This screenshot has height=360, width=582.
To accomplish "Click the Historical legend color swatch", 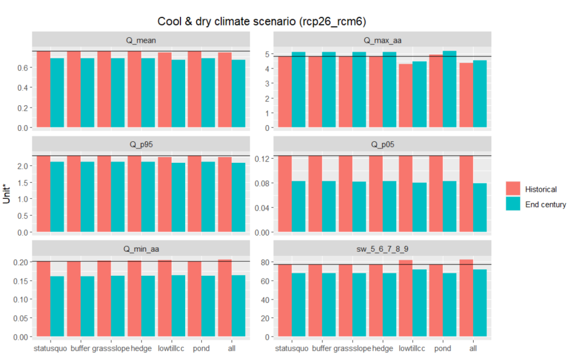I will [x=513, y=189].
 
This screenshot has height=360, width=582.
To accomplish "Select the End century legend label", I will [x=545, y=204].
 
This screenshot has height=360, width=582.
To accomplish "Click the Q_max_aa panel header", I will [x=382, y=40].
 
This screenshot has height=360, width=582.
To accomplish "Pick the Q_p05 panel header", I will [x=382, y=145].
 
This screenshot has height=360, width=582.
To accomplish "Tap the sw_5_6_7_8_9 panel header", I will [x=382, y=249].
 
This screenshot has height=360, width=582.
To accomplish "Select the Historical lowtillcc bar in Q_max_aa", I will [x=405, y=96].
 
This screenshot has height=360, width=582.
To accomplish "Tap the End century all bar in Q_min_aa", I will [x=238, y=306].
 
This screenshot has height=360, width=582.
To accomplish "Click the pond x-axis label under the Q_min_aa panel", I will [x=201, y=348].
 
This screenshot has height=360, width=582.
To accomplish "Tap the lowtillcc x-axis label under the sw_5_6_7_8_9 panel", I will [x=412, y=348].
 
